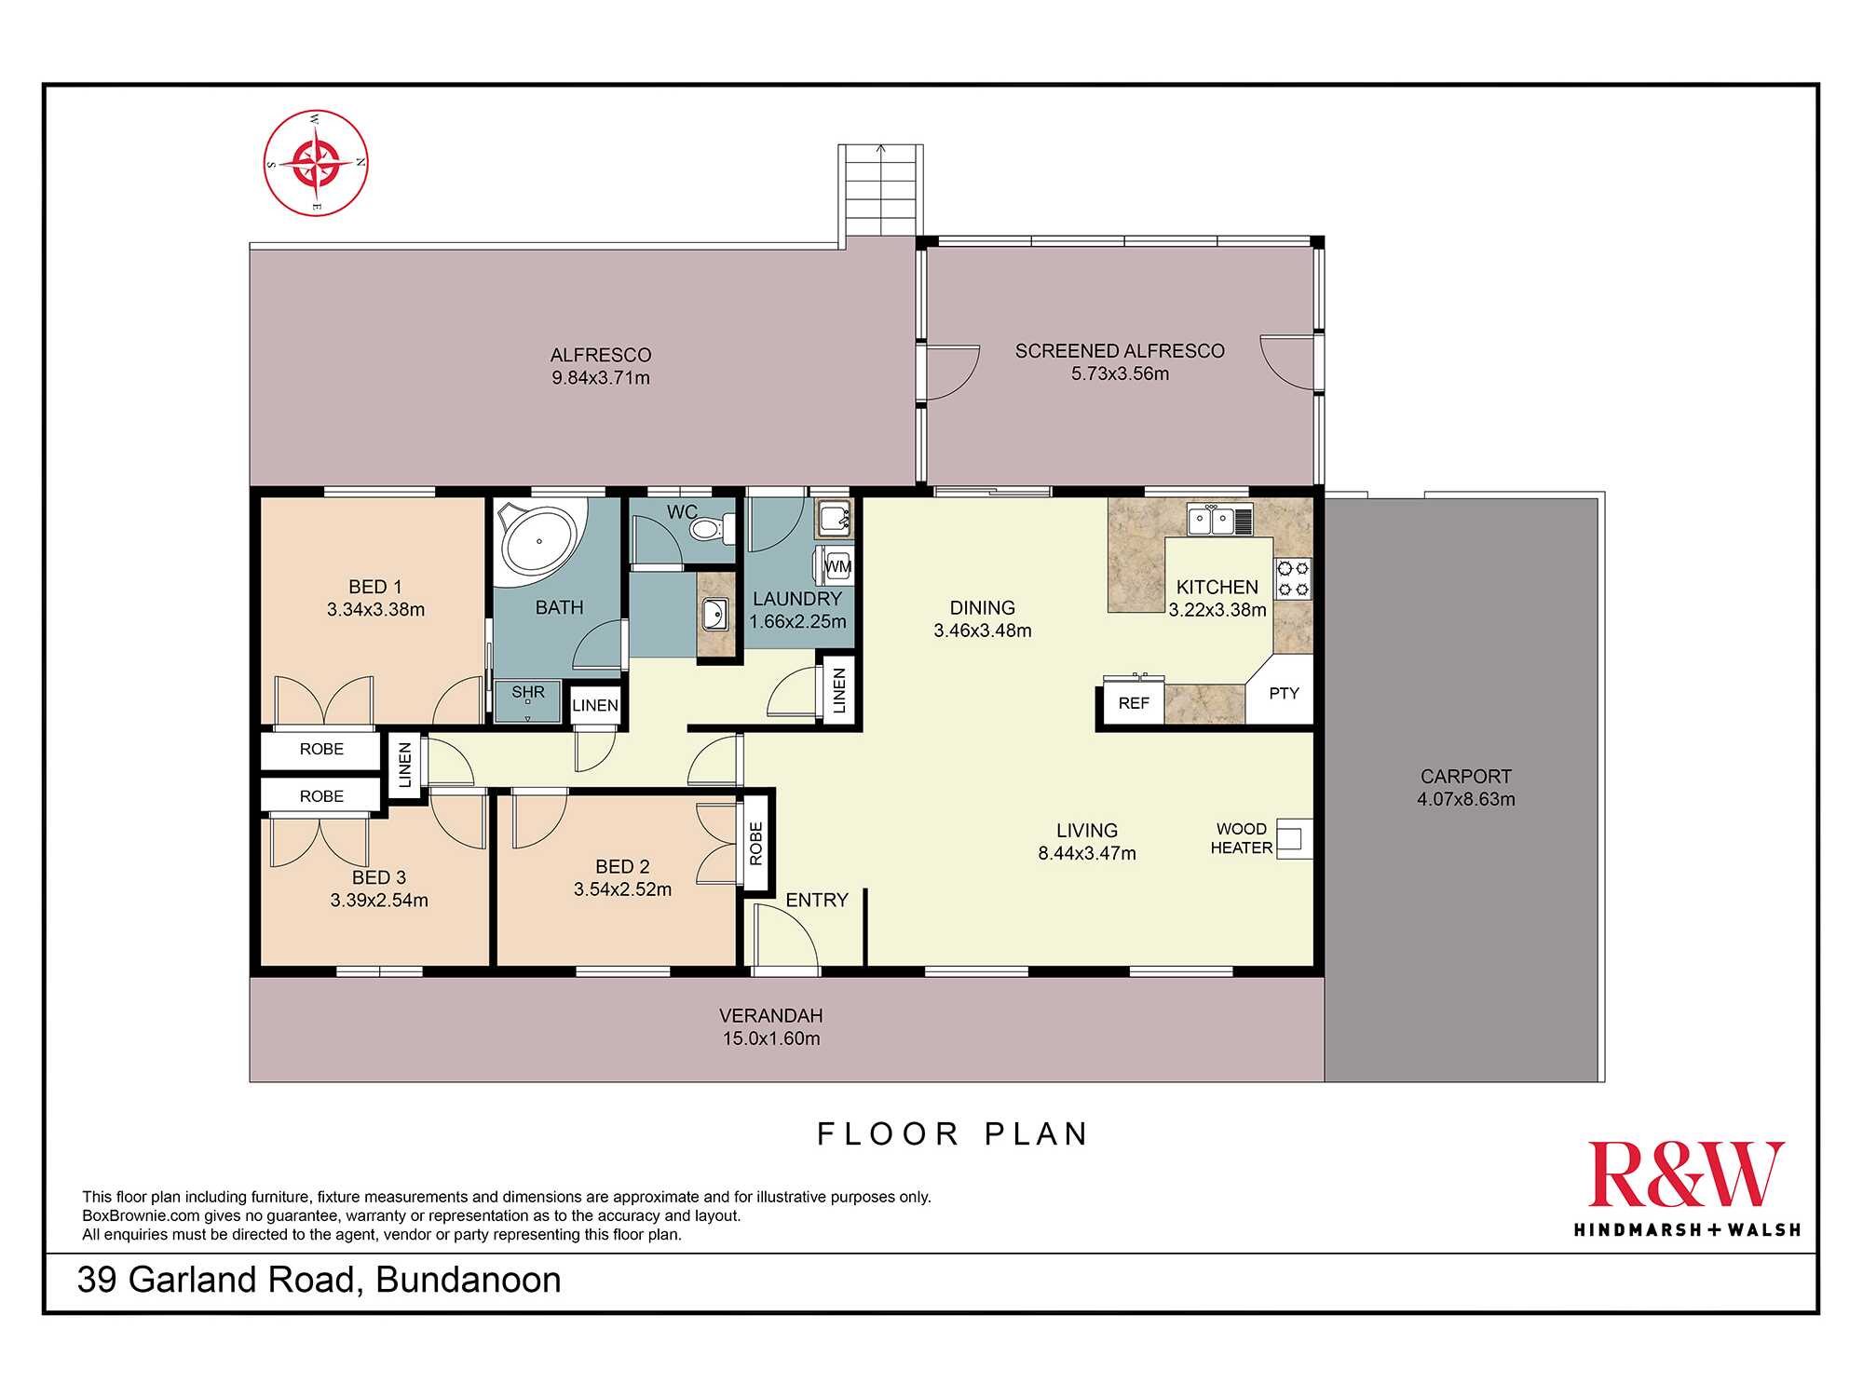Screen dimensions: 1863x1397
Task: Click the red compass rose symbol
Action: pyautogui.click(x=316, y=163)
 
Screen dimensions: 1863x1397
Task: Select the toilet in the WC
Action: pyautogui.click(x=712, y=529)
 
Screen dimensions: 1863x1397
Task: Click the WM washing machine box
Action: pyautogui.click(x=837, y=566)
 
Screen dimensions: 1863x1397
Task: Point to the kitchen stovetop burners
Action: pyautogui.click(x=1293, y=577)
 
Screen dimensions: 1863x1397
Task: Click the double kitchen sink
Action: pyautogui.click(x=1219, y=520)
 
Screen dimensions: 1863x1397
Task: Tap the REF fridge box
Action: pyautogui.click(x=1134, y=703)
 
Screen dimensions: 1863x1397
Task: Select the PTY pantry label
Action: pyautogui.click(x=1284, y=693)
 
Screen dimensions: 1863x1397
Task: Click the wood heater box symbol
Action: pyautogui.click(x=1294, y=838)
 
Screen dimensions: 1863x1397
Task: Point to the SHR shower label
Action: pyautogui.click(x=528, y=692)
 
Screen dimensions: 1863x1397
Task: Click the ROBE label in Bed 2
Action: pyautogui.click(x=756, y=844)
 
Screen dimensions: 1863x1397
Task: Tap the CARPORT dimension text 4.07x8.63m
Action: pyautogui.click(x=1466, y=799)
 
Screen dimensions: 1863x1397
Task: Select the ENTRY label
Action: pyautogui.click(x=817, y=900)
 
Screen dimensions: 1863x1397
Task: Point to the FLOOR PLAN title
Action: pyautogui.click(x=953, y=1133)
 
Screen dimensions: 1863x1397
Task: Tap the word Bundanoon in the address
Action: pyautogui.click(x=469, y=1280)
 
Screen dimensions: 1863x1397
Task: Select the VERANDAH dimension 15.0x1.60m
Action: pyautogui.click(x=771, y=1038)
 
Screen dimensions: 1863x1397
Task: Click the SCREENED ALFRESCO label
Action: pyautogui.click(x=1120, y=351)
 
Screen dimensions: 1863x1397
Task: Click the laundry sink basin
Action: pyautogui.click(x=834, y=518)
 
